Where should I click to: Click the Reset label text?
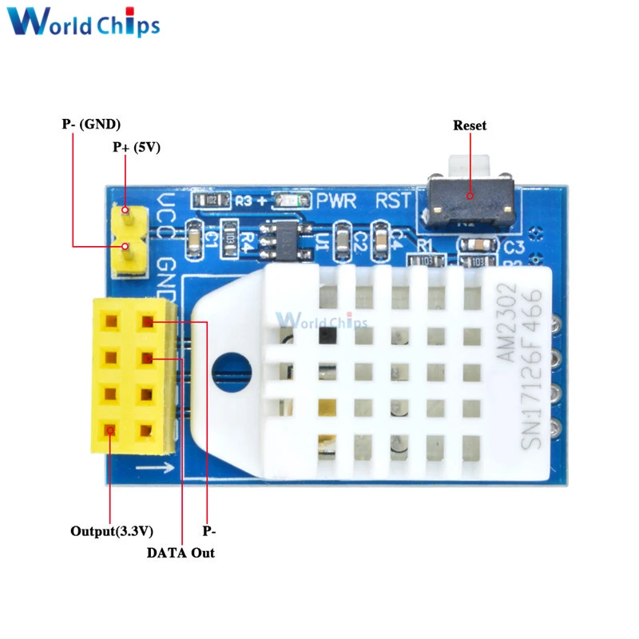click(469, 125)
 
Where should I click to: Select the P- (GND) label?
click(91, 124)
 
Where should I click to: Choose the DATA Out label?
click(180, 552)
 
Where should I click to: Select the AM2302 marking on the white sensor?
click(510, 324)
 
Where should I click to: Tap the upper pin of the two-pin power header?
click(125, 213)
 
